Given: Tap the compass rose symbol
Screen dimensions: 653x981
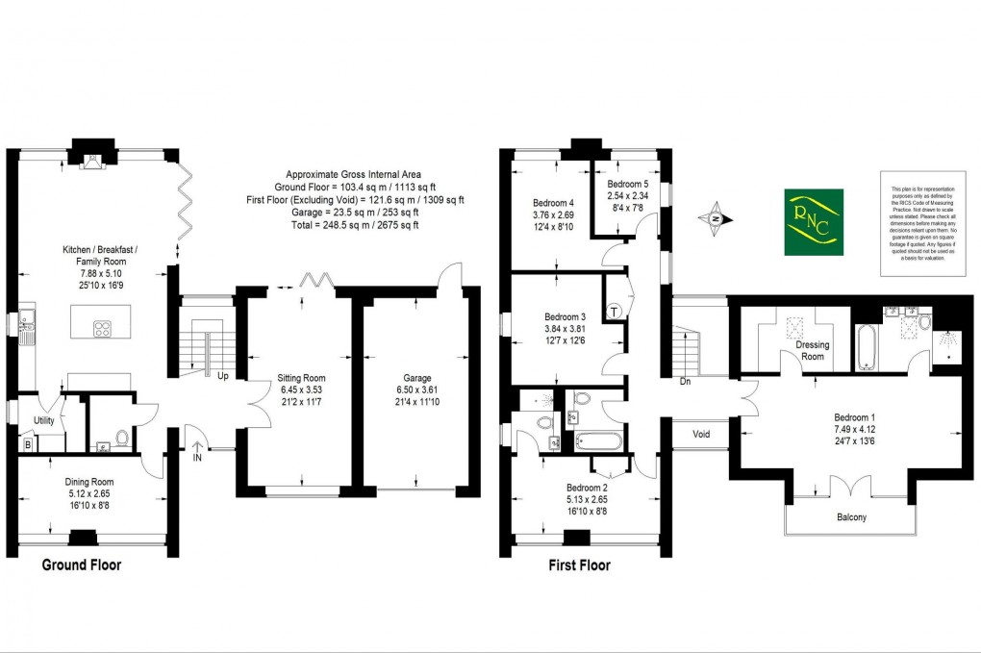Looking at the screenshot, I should [x=716, y=218].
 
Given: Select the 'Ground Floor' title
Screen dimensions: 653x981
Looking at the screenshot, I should [x=82, y=565].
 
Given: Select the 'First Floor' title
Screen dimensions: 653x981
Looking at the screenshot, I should [x=579, y=565].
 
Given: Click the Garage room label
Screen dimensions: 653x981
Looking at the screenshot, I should [x=417, y=378].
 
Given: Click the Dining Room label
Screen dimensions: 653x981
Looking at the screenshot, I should [x=89, y=482].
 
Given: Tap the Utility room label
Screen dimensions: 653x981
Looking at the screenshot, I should [x=43, y=421].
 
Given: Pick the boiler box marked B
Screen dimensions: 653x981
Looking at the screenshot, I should [x=27, y=443].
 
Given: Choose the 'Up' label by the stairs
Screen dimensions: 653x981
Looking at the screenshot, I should [x=222, y=376].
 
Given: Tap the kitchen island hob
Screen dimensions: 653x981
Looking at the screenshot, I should [x=101, y=329].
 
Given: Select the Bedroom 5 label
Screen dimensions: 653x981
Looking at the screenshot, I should [x=627, y=184].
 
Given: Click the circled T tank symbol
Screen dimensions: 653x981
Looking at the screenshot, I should [x=615, y=312].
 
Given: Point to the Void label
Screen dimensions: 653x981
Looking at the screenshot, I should [x=701, y=434].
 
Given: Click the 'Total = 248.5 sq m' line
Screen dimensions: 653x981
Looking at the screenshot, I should [x=355, y=225].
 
